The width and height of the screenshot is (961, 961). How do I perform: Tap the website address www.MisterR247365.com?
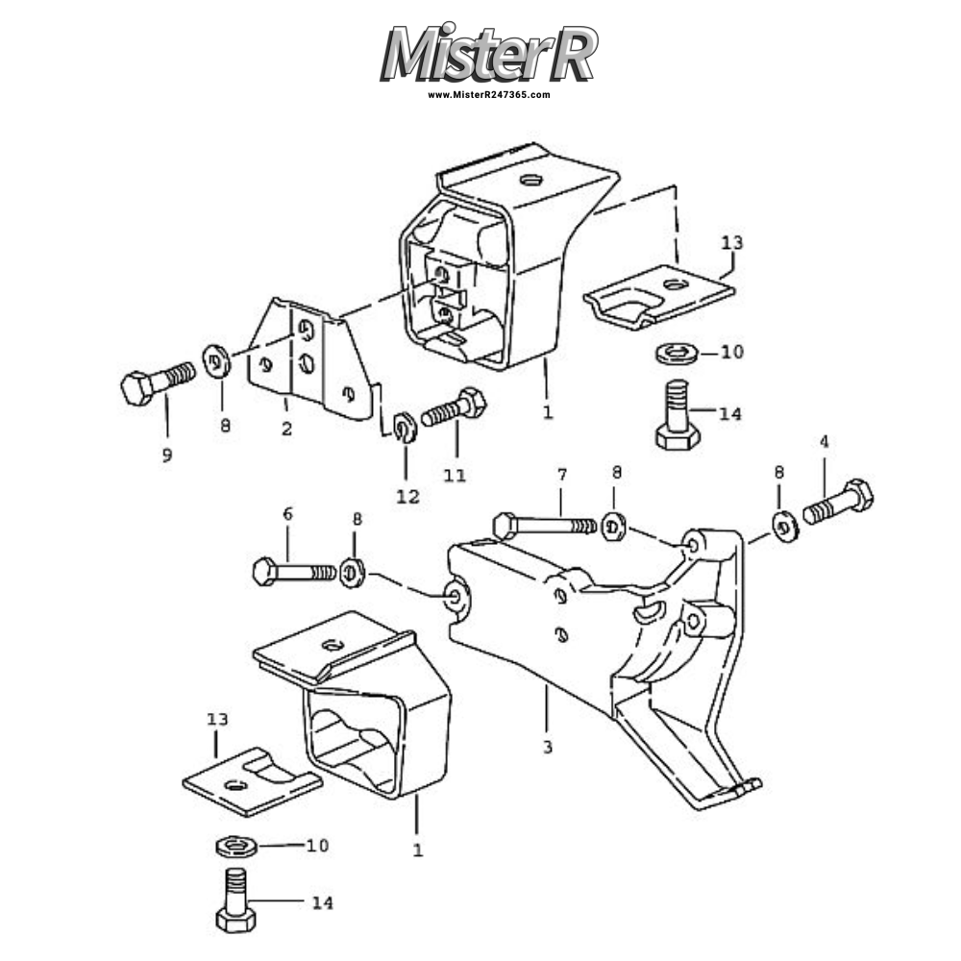click(x=489, y=95)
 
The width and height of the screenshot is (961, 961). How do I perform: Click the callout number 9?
click(x=167, y=455)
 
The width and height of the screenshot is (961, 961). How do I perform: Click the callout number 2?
click(x=286, y=429)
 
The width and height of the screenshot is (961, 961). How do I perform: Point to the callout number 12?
click(x=407, y=496)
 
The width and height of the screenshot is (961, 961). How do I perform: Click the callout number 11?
click(x=455, y=475)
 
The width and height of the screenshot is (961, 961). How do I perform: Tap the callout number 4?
click(x=824, y=442)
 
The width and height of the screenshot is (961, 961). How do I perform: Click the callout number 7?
click(x=562, y=475)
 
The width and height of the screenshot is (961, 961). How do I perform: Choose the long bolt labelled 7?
click(x=543, y=526)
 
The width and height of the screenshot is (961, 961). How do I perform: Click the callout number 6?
click(x=287, y=514)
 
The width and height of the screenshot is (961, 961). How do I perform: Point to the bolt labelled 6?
click(x=293, y=572)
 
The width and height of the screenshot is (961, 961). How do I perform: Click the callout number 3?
click(x=547, y=746)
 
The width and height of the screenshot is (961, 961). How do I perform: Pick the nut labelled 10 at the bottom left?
click(x=234, y=847)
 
